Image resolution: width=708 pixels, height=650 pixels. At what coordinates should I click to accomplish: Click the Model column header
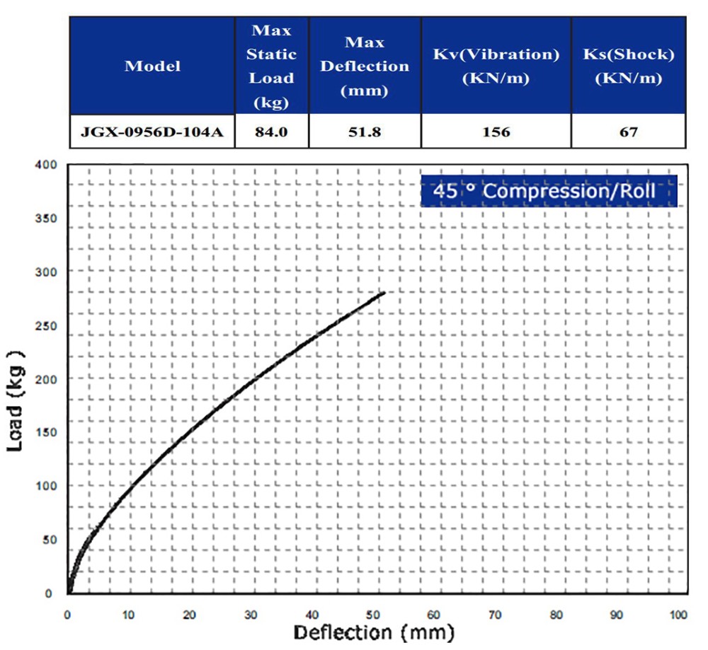click(152, 66)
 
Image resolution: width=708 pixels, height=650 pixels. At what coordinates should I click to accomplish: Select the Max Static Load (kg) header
click(272, 66)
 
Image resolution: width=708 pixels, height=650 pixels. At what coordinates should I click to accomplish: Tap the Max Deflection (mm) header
click(365, 66)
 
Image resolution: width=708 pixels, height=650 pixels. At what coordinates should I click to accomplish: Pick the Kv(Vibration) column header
click(496, 66)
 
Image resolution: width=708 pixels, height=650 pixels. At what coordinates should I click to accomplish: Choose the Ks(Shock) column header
click(628, 66)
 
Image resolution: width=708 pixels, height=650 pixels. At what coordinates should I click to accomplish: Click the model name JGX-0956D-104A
click(152, 132)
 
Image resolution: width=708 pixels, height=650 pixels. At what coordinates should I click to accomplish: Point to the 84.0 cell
click(272, 132)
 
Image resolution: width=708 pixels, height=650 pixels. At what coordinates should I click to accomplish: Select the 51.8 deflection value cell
click(365, 132)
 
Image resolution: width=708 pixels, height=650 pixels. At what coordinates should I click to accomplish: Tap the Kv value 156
click(496, 132)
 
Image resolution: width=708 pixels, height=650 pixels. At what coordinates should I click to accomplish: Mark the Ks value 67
click(628, 132)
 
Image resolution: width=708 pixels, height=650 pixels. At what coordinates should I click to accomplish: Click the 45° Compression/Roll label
click(549, 191)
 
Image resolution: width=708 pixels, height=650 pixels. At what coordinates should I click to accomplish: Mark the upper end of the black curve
click(384, 292)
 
